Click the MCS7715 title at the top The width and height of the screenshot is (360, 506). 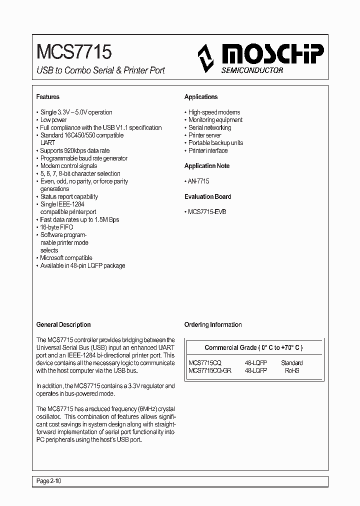click(x=74, y=51)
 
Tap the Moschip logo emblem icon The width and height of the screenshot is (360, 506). click(x=205, y=58)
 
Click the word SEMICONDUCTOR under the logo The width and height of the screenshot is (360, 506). click(x=252, y=70)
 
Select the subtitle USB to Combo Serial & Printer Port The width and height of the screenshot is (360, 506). click(x=100, y=70)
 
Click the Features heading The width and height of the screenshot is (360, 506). click(x=48, y=97)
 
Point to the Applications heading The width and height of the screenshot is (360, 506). click(x=201, y=97)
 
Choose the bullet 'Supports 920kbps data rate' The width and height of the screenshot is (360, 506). click(x=74, y=150)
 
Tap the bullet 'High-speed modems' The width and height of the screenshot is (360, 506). click(x=214, y=112)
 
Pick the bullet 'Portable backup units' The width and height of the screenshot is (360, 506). click(x=215, y=143)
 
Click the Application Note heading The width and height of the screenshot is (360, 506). click(x=207, y=166)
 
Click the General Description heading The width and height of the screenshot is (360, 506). click(x=63, y=324)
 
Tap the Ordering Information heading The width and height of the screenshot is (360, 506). click(x=213, y=324)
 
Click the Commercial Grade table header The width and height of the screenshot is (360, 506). click(x=253, y=347)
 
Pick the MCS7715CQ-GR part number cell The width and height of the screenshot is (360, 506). click(x=210, y=370)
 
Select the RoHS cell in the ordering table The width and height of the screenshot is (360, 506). click(x=291, y=370)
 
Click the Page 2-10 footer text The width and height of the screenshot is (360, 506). click(x=49, y=481)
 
